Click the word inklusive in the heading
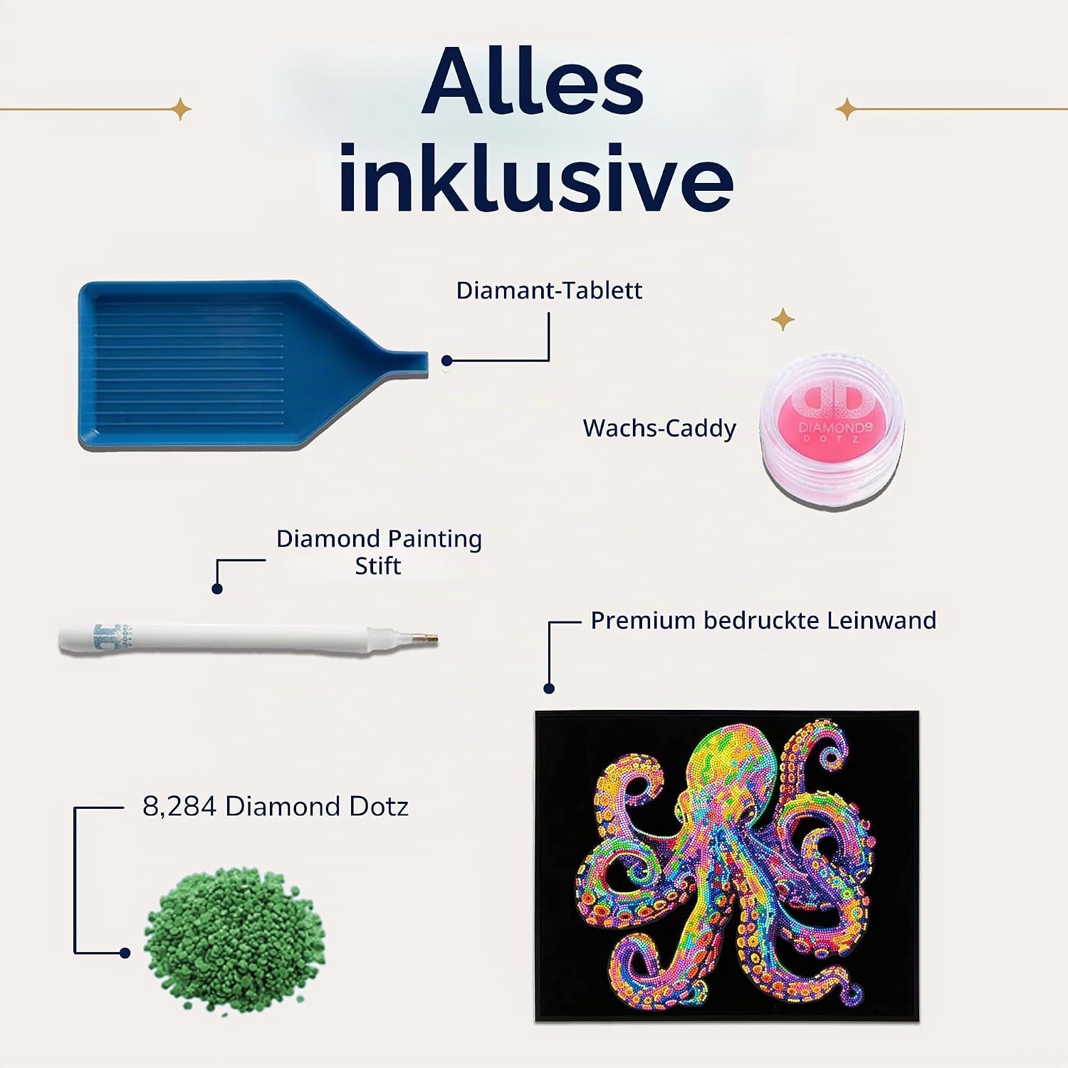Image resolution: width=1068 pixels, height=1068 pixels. click(535, 177)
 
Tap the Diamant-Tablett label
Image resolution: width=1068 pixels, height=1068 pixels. click(549, 290)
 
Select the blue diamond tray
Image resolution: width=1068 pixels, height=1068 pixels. click(253, 365)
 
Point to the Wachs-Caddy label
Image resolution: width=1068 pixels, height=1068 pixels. click(659, 428)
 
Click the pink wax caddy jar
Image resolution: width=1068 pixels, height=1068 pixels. click(832, 428)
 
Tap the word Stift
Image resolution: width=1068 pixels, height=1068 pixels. click(378, 566)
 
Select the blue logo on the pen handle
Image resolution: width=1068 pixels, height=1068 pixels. click(107, 636)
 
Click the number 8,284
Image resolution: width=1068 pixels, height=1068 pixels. click(179, 807)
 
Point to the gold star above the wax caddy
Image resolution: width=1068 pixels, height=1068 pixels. click(783, 320)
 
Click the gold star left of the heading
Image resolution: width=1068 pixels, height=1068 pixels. click(182, 109)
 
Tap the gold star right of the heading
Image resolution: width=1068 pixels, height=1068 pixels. click(846, 110)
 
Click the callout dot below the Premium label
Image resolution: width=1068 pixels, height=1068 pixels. click(549, 689)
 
